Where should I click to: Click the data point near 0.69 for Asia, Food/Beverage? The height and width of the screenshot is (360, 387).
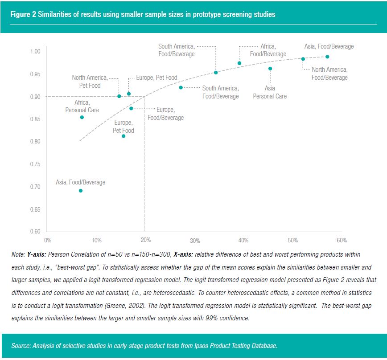pos(81,191)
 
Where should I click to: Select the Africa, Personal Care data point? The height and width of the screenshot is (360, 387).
pos(82,117)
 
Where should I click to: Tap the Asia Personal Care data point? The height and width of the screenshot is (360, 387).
pos(270,69)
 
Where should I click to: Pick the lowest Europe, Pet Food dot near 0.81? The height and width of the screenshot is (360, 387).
pos(124,136)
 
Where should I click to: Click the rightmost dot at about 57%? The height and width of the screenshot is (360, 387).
pos(327,57)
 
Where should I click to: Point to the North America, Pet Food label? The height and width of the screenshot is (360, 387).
pos(90,82)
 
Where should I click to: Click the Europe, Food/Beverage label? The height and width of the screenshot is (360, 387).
pos(165,114)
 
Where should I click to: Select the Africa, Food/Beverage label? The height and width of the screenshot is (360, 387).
pos(268,50)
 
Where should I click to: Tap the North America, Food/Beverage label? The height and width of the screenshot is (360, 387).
pos(329,74)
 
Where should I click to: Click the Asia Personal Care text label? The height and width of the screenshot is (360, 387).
pos(270,92)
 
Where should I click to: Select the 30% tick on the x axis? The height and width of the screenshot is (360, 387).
pos(194,241)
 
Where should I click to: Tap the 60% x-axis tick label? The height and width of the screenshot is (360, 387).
pos(341,241)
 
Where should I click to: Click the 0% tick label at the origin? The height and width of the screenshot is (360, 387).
pos(48,241)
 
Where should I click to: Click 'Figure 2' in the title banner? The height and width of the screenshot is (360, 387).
pos(23,14)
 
